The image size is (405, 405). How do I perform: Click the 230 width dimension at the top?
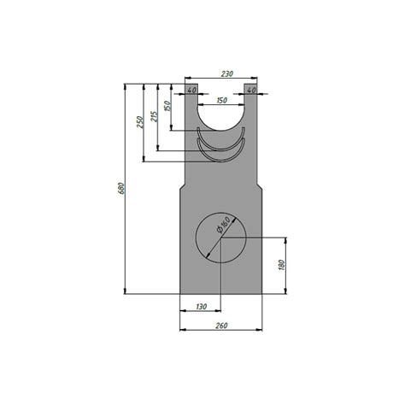(x=227, y=73)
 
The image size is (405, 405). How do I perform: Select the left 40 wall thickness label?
(x=192, y=90)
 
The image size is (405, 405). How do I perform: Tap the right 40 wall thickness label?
(x=251, y=90)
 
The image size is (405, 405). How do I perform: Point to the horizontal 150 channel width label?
(x=222, y=100)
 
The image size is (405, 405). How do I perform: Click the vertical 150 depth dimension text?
(x=167, y=106)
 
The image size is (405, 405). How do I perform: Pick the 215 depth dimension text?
(x=154, y=116)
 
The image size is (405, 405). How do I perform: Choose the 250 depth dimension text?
(x=139, y=122)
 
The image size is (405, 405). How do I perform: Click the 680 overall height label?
(x=120, y=188)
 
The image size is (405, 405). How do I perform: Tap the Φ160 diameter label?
(x=223, y=225)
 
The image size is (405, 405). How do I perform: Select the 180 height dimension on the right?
(x=281, y=265)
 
